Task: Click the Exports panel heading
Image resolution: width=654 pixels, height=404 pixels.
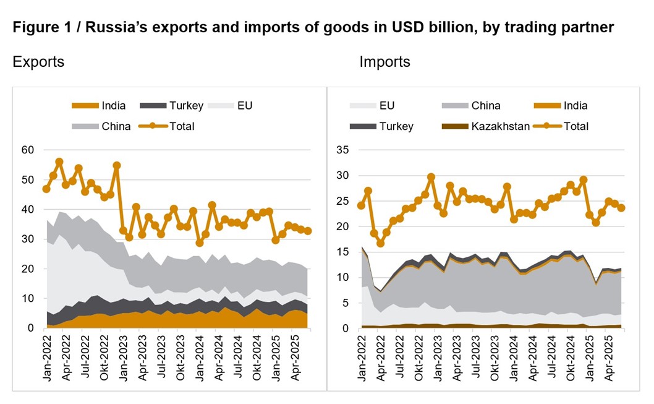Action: click(x=38, y=62)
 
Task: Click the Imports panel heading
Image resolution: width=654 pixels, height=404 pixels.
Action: click(x=384, y=62)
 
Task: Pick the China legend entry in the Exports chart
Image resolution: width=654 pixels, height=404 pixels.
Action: click(x=104, y=126)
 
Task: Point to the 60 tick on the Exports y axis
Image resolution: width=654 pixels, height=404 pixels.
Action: click(x=27, y=150)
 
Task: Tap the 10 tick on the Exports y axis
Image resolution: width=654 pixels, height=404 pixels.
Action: click(x=27, y=298)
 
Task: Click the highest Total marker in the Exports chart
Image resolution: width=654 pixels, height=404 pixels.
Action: click(x=59, y=162)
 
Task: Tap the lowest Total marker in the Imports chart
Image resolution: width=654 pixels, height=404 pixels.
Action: click(x=380, y=243)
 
